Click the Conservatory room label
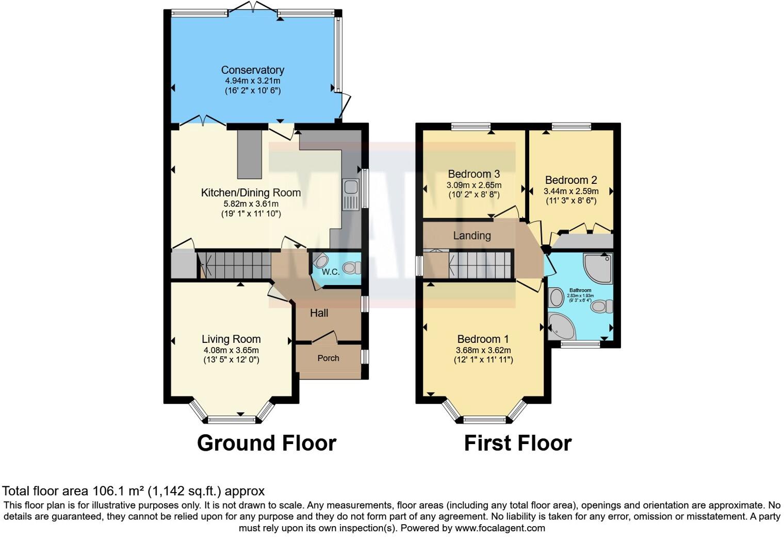[x=252, y=70]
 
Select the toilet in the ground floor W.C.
[x=352, y=267]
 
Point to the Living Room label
[x=231, y=339]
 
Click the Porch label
[x=328, y=358]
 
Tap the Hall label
[x=319, y=313]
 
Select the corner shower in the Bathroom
[x=597, y=268]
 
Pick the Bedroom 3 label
[x=473, y=174]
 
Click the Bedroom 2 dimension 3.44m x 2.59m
[x=571, y=191]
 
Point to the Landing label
[x=471, y=236]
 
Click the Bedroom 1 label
[x=483, y=339]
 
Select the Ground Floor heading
[x=267, y=443]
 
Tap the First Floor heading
[x=517, y=443]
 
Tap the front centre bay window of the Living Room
[x=232, y=419]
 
